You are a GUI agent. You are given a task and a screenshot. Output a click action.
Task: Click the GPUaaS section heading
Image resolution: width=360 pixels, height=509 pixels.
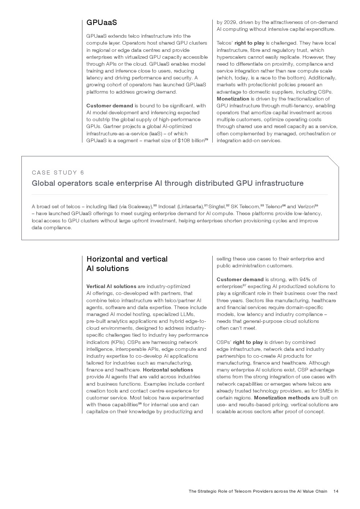tap(102, 22)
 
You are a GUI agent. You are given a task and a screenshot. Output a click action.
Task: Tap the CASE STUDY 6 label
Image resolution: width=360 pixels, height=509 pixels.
tap(58, 173)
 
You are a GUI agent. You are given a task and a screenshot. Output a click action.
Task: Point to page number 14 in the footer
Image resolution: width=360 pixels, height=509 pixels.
tap(336, 491)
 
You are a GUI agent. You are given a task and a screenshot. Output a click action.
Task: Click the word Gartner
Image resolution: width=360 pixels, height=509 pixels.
tap(111, 127)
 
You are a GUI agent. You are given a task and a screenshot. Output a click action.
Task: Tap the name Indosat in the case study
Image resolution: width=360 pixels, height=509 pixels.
tap(167, 207)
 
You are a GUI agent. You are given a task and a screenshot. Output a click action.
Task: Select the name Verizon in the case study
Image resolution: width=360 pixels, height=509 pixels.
tap(306, 207)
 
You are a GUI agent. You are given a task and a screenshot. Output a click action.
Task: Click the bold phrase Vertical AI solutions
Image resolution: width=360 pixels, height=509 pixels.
tap(111, 287)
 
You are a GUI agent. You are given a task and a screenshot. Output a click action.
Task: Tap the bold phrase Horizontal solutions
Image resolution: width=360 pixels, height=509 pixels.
tap(168, 370)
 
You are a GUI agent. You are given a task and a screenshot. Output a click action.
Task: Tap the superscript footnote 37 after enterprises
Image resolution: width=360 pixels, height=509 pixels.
tap(244, 285)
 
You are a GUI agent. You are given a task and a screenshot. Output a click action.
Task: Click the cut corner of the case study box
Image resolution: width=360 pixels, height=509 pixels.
tap(334, 161)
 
